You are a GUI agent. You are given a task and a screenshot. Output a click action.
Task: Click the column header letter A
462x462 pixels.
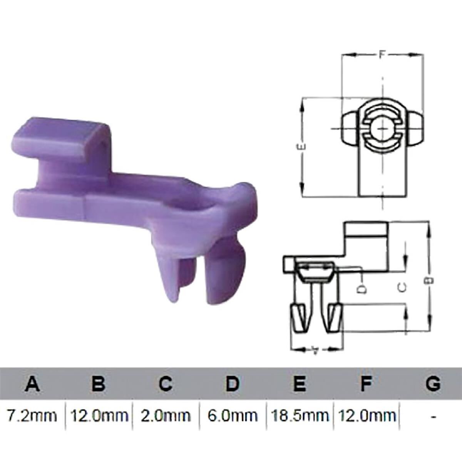(32, 384)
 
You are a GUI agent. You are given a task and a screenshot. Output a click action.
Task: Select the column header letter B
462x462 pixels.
(99, 384)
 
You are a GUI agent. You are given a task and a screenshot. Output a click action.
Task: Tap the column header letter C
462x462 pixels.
(165, 384)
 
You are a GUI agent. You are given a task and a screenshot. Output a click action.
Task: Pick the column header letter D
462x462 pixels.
(232, 384)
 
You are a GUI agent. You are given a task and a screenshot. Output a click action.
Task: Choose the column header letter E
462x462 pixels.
(299, 384)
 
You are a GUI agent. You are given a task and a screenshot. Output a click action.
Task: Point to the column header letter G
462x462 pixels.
(433, 384)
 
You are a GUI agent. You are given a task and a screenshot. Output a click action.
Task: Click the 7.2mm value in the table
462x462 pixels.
(32, 416)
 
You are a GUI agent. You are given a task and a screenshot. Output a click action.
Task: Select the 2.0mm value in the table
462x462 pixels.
(166, 416)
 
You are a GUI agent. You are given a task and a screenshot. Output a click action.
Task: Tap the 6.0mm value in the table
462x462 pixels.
(233, 416)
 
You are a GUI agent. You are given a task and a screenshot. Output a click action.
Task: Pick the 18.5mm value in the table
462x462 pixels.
(300, 416)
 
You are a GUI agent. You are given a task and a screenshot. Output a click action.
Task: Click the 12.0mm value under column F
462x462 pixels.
(367, 416)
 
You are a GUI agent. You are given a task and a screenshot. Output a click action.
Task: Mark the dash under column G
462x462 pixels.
(434, 416)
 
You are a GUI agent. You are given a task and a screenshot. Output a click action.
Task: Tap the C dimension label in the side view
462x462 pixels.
(402, 287)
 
